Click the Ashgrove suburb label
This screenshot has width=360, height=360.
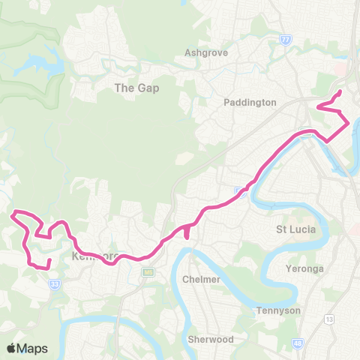tap(206, 53)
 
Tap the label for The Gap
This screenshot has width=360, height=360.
tap(136, 88)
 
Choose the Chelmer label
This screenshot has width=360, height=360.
tap(202, 279)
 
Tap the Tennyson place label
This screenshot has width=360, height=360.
tap(278, 310)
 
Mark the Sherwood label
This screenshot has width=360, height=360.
tap(211, 339)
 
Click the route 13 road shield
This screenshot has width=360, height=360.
tap(328, 298)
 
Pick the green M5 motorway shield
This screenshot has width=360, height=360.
tap(148, 271)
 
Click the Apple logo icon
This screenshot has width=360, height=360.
tap(11, 348)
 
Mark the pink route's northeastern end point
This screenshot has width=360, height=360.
tap(340, 91)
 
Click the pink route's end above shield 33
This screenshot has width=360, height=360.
tap(49, 260)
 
